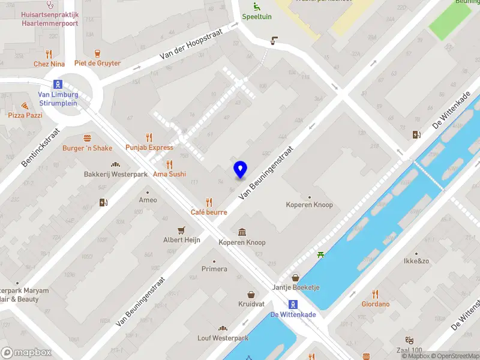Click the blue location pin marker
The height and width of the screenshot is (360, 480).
click(x=240, y=170)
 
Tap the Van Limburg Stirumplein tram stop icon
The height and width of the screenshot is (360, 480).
click(x=58, y=84)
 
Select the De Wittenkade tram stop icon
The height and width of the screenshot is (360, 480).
click(x=293, y=304)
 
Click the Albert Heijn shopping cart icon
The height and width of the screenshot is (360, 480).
click(x=181, y=230)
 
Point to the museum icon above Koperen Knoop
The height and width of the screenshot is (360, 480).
click(x=242, y=232)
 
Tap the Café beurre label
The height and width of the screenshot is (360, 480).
click(x=209, y=212)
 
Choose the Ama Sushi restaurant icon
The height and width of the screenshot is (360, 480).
click(x=169, y=164)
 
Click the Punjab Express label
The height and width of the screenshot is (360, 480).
click(x=149, y=147)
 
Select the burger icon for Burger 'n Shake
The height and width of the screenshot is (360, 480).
click(x=88, y=138)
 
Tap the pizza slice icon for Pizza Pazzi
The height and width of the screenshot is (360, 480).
click(x=25, y=105)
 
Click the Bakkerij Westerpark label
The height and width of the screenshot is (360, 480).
click(x=115, y=175)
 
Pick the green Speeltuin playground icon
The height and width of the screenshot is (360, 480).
click(x=257, y=7)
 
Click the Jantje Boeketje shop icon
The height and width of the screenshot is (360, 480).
click(x=295, y=277)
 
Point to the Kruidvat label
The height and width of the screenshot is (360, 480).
click(x=251, y=304)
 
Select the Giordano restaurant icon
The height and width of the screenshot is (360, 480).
click(x=376, y=293)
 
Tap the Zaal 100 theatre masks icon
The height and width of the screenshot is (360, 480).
click(x=410, y=340)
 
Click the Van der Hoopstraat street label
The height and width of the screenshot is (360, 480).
click(x=191, y=45)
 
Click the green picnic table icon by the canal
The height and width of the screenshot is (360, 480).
click(x=322, y=255)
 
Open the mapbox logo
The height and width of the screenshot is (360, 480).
click(x=26, y=353)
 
